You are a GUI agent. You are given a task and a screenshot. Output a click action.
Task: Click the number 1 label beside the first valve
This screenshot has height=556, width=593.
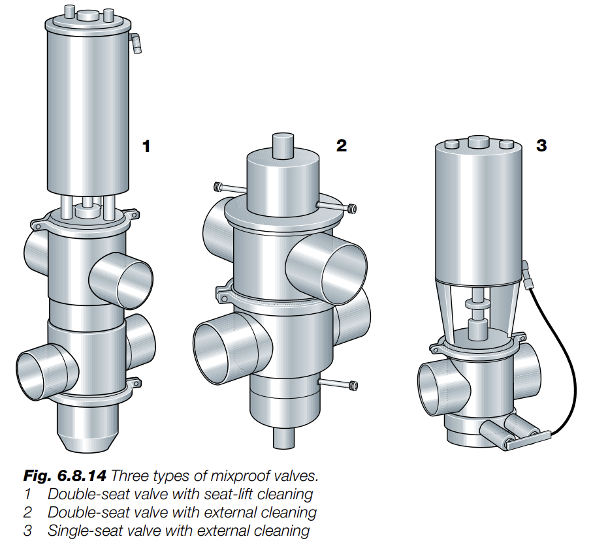(146, 146)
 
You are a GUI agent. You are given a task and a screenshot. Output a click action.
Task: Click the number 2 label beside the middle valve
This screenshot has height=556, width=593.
(341, 146)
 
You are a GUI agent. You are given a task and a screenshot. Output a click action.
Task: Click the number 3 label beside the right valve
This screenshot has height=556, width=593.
(541, 146)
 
